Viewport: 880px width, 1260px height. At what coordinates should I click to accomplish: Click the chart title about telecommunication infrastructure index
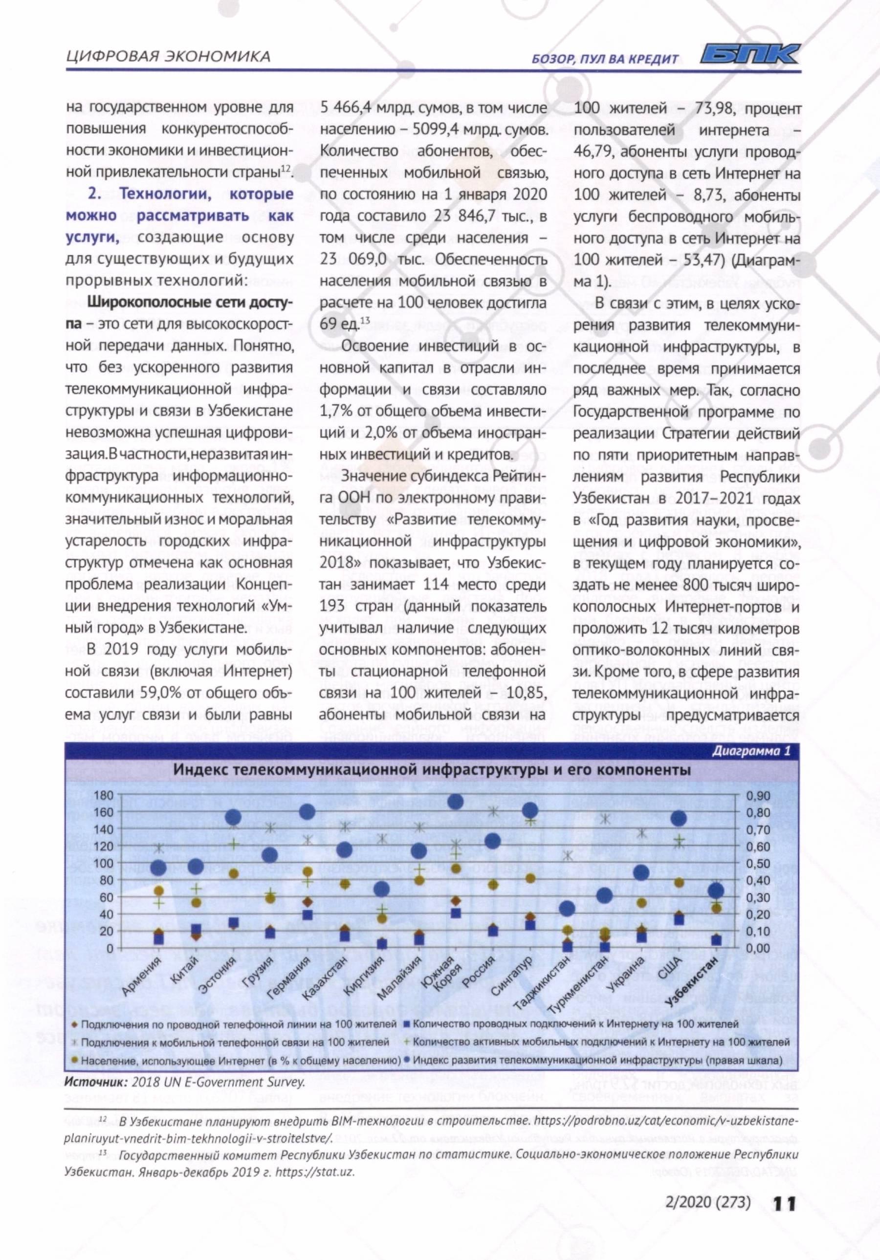[x=432, y=770]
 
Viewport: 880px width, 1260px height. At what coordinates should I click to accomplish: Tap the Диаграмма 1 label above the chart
[x=751, y=751]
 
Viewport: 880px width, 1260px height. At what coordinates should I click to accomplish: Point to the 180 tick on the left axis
[x=103, y=796]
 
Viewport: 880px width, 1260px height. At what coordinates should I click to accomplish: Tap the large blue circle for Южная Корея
[x=455, y=802]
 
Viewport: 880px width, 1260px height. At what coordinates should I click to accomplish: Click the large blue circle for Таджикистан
[x=567, y=909]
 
